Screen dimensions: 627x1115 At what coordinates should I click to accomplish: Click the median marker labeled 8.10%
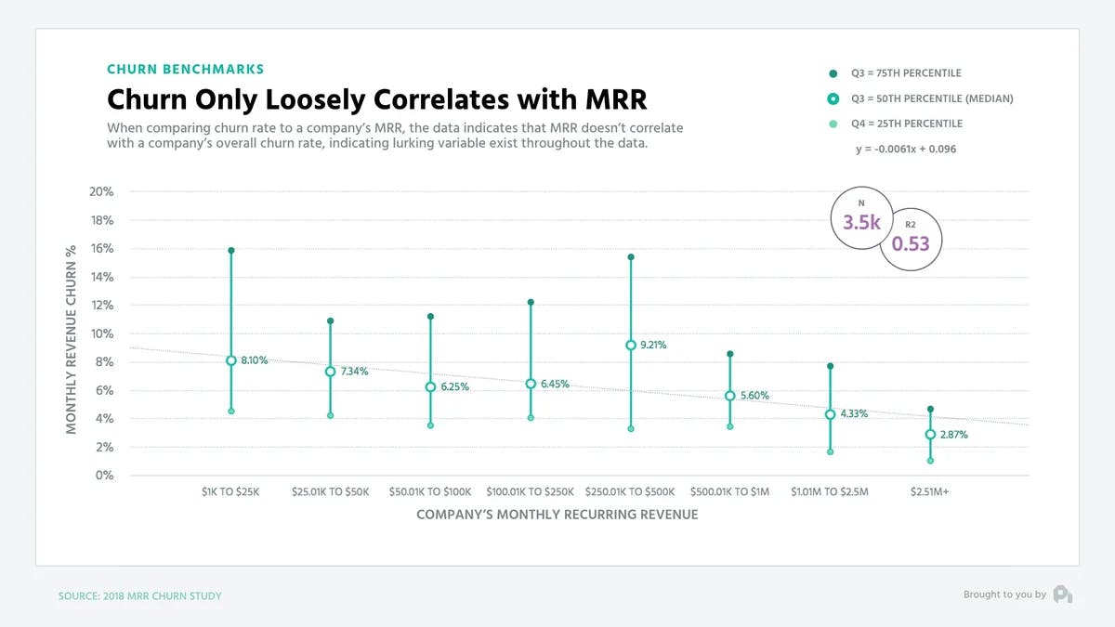coord(230,360)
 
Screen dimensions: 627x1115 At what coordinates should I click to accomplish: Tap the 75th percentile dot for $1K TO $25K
coord(230,251)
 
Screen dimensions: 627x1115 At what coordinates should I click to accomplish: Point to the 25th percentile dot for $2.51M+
coord(930,461)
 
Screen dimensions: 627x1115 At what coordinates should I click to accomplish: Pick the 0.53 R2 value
coord(910,244)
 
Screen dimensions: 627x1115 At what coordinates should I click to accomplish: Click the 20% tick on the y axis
coord(102,192)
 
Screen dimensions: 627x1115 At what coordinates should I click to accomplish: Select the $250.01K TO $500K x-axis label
coord(631,491)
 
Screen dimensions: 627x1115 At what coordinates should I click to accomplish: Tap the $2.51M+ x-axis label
coord(930,491)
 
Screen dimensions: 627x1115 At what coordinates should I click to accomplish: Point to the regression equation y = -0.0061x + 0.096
coord(906,149)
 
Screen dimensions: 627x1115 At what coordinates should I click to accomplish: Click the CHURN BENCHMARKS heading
coord(185,69)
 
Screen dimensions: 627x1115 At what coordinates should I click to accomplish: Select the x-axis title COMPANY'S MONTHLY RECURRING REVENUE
coord(557,514)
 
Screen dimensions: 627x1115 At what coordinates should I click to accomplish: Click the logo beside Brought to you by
coord(1063,594)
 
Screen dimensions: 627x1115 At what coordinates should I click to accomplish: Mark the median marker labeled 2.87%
coord(930,435)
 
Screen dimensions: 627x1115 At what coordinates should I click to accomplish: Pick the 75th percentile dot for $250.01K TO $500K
coord(631,257)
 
